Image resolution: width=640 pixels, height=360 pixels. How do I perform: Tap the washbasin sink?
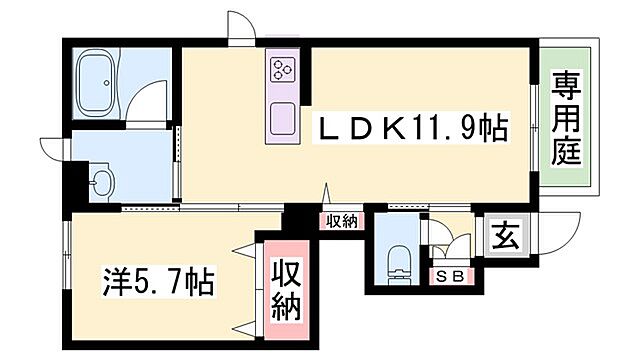[100, 183]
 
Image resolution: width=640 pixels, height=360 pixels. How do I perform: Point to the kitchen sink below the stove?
[281, 118]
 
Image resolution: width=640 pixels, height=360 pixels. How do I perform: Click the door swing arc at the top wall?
[241, 26]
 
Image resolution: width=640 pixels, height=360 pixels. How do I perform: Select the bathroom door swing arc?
[150, 101]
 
